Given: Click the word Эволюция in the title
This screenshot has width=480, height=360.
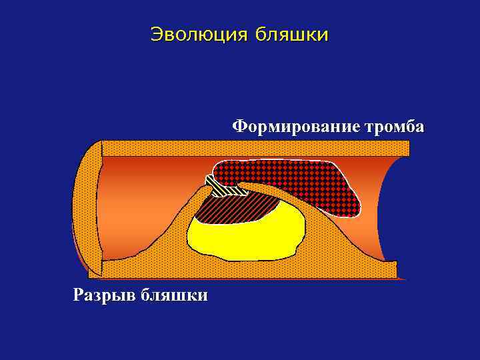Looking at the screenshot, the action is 195,34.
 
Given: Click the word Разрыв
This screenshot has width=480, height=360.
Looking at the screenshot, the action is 103,295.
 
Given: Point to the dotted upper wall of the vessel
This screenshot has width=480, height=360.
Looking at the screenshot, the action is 253,148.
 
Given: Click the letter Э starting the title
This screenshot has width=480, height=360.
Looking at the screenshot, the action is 157,34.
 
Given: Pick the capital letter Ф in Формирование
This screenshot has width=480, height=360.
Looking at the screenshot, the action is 239,127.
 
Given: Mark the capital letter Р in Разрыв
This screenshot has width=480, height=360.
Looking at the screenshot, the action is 79,295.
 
